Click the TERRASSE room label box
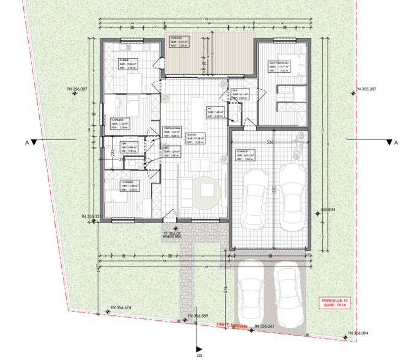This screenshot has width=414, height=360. coord(179,42)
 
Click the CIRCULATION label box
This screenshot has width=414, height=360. coord(172,131)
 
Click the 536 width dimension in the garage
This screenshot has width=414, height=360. coord(270,142)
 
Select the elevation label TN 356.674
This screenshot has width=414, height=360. coord(121,307)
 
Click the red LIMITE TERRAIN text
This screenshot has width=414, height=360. coord(227,326)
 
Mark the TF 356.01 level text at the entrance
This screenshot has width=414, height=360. coord(172,233)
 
